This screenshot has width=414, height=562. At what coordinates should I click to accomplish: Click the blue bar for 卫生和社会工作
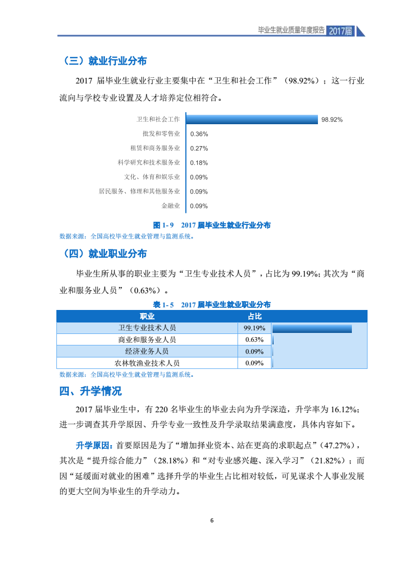[x=252, y=119]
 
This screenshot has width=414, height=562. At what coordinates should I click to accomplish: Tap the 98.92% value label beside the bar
[x=332, y=119]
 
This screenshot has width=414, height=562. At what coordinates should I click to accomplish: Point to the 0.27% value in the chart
[x=199, y=148]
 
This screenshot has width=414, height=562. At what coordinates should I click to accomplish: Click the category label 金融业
[x=170, y=206]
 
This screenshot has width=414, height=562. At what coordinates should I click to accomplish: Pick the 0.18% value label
[x=199, y=162]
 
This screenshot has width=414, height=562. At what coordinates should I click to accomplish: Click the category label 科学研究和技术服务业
[x=149, y=162]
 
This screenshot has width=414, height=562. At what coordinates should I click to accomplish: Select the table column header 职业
[x=147, y=316]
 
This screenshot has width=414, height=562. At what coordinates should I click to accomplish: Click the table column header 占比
[x=254, y=316]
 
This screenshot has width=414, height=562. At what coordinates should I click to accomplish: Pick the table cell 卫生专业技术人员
[x=147, y=328]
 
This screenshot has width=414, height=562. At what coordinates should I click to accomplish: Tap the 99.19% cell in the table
[x=254, y=328]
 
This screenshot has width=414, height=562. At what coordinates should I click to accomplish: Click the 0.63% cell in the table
[x=254, y=340]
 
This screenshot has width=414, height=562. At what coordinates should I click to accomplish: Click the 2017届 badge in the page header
[x=341, y=31]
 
